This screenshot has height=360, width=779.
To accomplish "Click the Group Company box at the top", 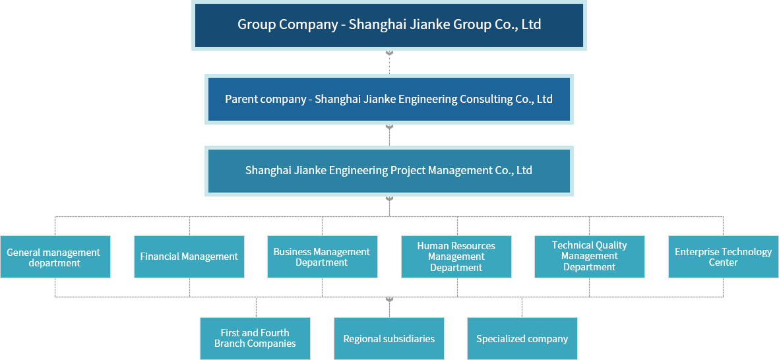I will [389, 25].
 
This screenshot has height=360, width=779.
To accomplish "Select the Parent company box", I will [389, 99].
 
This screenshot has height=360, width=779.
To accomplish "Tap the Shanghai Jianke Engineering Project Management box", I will [389, 170].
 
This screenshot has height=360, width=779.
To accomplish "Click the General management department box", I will [54, 257].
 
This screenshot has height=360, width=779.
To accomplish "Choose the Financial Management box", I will [189, 256].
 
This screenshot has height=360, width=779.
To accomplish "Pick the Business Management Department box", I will [322, 257].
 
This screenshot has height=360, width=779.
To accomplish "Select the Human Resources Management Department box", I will [456, 256].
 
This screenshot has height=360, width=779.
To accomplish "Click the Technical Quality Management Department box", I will [589, 256].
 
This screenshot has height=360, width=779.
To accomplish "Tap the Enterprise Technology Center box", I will [723, 257].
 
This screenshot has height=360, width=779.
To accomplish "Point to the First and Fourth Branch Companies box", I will [255, 338].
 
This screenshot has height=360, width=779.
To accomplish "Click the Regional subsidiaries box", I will [389, 339].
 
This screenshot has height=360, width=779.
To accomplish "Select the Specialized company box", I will [522, 339].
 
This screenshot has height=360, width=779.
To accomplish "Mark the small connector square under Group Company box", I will [389, 54].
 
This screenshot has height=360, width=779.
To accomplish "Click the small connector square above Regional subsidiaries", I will [389, 300].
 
